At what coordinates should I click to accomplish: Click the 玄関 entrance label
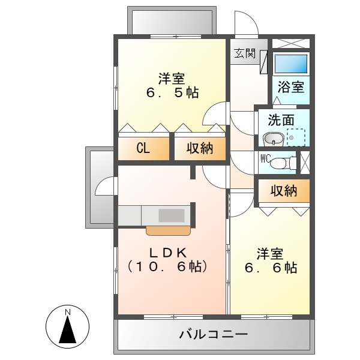pos(245,53)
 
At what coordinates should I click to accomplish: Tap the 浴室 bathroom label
pos(291,86)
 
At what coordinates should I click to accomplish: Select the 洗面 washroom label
pos(281,120)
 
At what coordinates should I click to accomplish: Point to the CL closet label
pos(143,149)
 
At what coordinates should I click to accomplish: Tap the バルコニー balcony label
pos(213,334)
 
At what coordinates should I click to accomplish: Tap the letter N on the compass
pos(68,312)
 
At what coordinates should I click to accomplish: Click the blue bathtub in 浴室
pos(291,64)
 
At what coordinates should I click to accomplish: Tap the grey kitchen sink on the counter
pos(172,215)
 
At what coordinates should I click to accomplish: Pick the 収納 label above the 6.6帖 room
pos(283,191)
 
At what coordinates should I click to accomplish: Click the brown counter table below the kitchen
pos(169,230)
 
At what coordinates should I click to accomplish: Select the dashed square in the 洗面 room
pos(296,138)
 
